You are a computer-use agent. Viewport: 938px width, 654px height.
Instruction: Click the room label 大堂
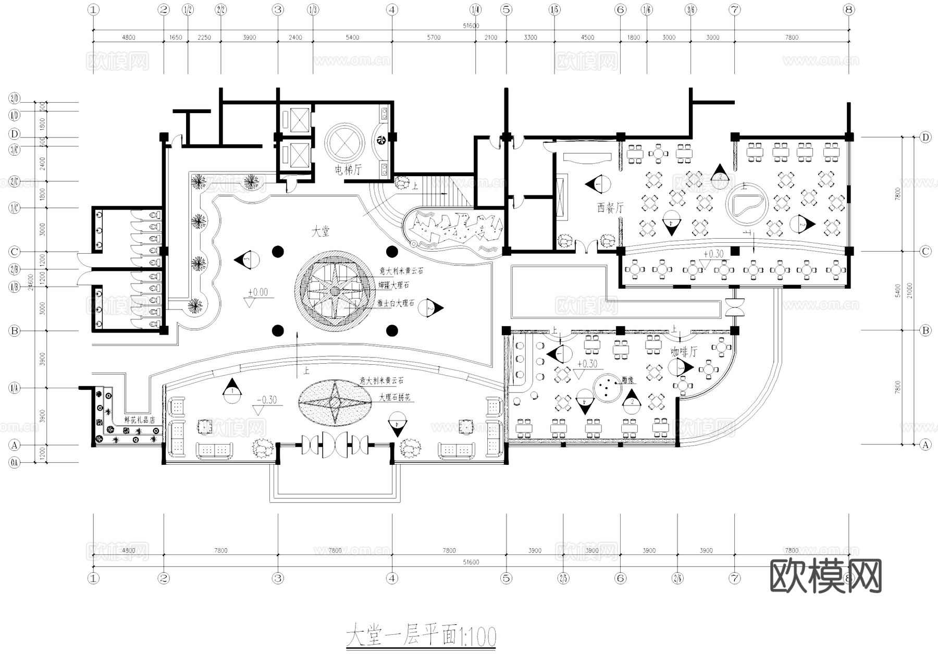pos(320,231)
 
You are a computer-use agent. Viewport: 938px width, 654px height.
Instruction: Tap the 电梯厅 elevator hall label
pos(348,169)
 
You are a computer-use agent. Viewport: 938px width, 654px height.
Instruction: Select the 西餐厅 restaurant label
pos(610,207)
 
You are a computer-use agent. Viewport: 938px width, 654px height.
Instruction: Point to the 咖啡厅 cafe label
pos(684,352)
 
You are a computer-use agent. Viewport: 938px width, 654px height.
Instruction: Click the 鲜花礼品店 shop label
pos(140,419)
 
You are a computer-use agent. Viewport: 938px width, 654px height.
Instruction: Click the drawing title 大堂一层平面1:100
pos(421,636)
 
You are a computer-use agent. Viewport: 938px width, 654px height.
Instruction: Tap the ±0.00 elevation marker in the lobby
pos(257,292)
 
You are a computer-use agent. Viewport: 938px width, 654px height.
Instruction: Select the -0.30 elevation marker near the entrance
pos(267,400)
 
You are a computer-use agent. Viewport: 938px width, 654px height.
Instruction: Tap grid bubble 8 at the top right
pos(849,9)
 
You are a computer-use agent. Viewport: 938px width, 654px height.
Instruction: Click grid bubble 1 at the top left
pos(93,9)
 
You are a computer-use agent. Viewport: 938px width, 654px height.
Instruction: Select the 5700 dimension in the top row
pos(434,38)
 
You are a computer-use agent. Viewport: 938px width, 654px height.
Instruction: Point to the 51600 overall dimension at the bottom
pos(471,562)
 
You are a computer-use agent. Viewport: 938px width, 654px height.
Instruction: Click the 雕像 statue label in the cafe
pos(628,381)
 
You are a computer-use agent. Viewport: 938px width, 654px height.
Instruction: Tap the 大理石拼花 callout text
pos(394,398)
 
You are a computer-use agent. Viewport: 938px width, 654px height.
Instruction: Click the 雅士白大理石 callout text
pos(397,303)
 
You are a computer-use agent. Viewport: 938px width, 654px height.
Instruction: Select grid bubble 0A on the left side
pos(14,462)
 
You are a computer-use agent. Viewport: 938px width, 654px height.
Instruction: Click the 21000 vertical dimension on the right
pos(909,291)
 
